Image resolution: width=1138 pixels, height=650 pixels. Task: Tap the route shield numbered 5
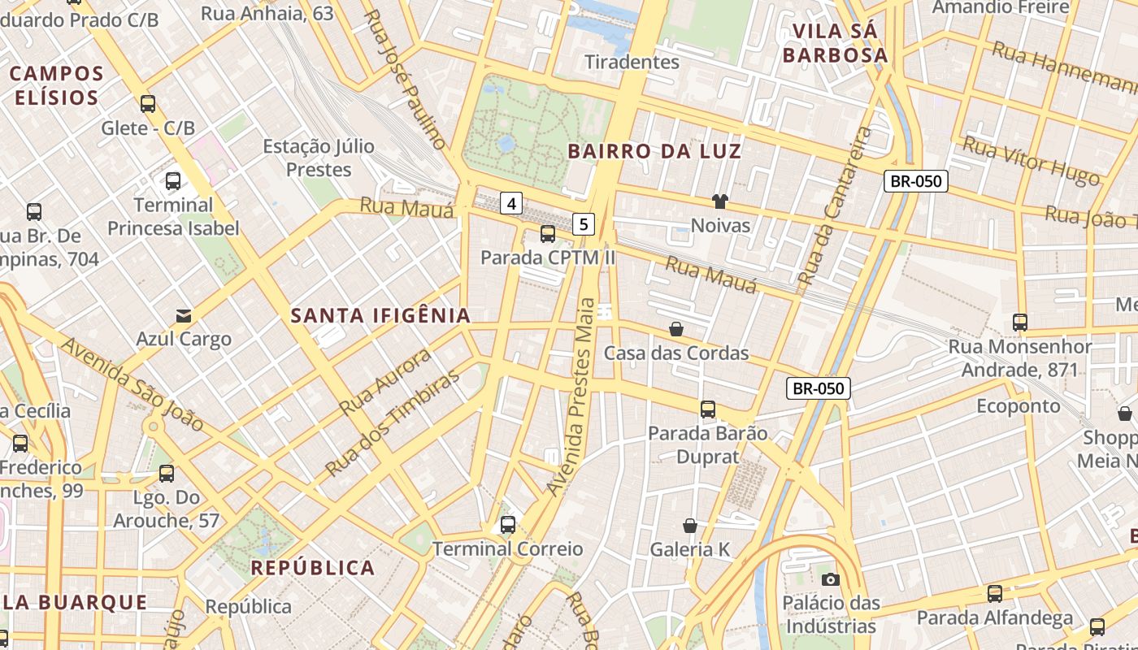click(584, 223)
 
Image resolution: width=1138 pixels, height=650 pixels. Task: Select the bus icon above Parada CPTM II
click(548, 234)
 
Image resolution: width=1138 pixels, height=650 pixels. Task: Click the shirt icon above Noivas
click(719, 201)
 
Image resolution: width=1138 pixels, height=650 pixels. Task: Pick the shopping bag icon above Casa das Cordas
click(675, 329)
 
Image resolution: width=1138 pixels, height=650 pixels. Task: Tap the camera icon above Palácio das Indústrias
click(830, 579)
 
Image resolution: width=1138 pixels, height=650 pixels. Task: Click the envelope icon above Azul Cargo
click(184, 315)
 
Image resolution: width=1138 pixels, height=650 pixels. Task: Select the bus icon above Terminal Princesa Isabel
click(173, 180)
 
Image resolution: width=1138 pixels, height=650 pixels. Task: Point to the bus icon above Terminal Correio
click(508, 525)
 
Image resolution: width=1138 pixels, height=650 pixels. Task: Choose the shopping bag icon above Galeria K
click(690, 526)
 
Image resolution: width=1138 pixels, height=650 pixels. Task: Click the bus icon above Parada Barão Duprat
click(708, 409)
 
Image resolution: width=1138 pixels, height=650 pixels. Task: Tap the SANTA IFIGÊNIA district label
click(380, 315)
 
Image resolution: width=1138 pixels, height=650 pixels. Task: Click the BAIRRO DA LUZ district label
click(654, 151)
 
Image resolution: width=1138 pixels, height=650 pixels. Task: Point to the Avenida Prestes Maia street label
click(573, 396)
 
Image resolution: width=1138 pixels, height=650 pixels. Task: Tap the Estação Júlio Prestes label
click(319, 158)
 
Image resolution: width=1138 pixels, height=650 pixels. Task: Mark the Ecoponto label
click(1019, 405)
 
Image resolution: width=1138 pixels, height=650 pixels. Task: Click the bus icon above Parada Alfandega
click(995, 594)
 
